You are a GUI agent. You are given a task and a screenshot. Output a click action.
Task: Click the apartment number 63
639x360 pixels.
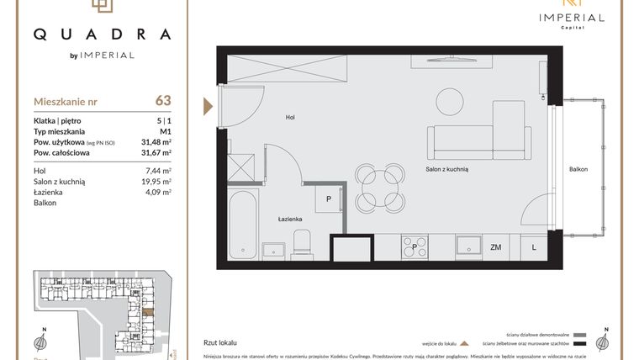pyautogui.click(x=162, y=101)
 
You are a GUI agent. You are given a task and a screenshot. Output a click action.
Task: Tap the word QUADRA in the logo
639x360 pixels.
pyautogui.click(x=102, y=34)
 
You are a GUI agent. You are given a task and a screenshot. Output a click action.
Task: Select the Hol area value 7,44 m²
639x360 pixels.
pyautogui.click(x=158, y=170)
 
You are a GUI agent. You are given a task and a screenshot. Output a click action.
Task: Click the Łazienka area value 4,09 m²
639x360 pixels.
pyautogui.click(x=158, y=192)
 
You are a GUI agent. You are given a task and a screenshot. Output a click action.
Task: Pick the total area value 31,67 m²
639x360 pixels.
pyautogui.click(x=156, y=153)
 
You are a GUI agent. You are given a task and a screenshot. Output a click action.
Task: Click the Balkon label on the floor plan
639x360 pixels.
pyautogui.click(x=578, y=170)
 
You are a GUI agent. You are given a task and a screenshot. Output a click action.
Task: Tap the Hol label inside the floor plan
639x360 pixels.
pyautogui.click(x=290, y=118)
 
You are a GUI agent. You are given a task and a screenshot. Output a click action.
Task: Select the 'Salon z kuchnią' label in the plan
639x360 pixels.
pyautogui.click(x=446, y=169)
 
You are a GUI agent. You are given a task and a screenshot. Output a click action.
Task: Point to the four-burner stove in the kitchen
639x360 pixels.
pyautogui.click(x=415, y=246)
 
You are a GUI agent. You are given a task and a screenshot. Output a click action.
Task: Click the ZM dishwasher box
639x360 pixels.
pyautogui.click(x=496, y=246)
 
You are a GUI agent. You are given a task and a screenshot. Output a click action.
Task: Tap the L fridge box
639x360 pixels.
pyautogui.click(x=533, y=246)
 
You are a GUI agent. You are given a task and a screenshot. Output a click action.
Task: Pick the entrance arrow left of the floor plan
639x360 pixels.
pyautogui.click(x=208, y=105)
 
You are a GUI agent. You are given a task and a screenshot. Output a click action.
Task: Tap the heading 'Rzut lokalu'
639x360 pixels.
pyautogui.click(x=220, y=343)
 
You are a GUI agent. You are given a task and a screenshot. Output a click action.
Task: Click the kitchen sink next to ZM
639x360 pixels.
pyautogui.click(x=467, y=246)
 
